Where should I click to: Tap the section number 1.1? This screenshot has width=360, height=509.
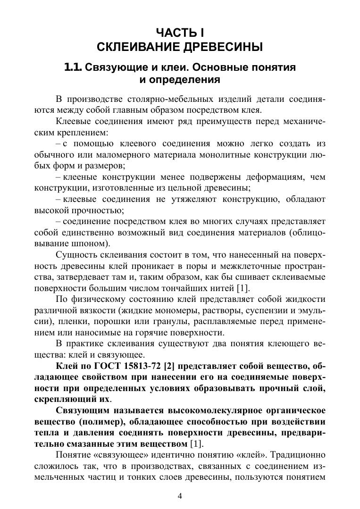[x=74, y=67]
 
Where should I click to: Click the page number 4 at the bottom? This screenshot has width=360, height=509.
[x=179, y=495]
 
